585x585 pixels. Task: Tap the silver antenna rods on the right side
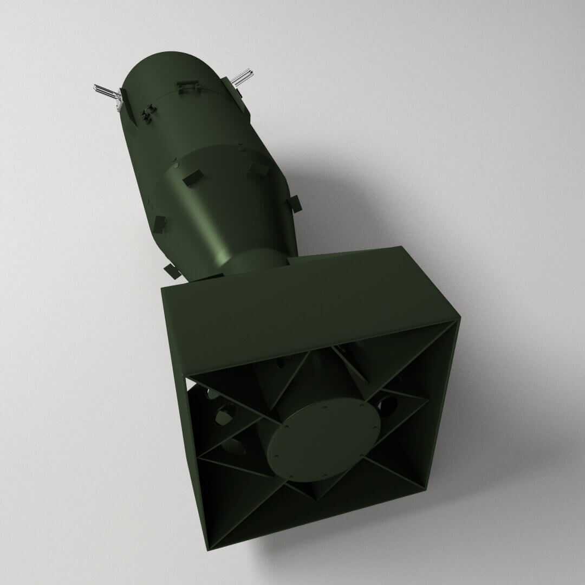[243, 77]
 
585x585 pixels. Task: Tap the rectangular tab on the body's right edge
[295, 203]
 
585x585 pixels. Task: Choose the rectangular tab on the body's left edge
[159, 222]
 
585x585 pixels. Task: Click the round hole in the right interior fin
[385, 404]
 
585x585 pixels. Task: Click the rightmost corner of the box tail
[459, 320]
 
